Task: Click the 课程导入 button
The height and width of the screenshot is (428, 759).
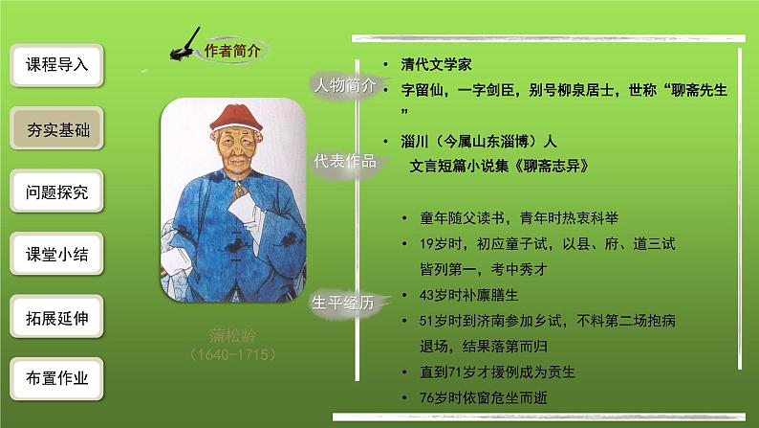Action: click(x=56, y=65)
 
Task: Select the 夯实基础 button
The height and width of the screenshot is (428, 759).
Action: click(x=56, y=128)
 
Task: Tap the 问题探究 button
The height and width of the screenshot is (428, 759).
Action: click(x=56, y=191)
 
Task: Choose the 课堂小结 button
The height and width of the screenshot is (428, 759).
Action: click(x=56, y=254)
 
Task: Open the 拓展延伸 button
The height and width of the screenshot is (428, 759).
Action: click(x=56, y=317)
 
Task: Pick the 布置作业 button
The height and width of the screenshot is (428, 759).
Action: click(x=56, y=378)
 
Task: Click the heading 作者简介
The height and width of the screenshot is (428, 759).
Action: click(x=232, y=51)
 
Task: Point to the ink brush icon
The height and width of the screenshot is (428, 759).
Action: click(x=184, y=45)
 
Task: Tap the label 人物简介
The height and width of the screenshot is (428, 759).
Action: click(x=345, y=85)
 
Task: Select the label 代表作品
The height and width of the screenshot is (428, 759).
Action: click(x=345, y=161)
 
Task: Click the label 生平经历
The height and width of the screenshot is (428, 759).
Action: click(x=343, y=303)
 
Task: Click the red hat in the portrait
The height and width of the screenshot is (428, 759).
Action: click(x=236, y=117)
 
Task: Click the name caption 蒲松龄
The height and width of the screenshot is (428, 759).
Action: click(x=233, y=335)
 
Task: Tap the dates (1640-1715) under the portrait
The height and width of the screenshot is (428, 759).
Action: click(x=233, y=354)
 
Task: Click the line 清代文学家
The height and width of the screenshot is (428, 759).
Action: click(x=436, y=64)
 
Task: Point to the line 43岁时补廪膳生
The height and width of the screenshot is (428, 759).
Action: click(x=469, y=295)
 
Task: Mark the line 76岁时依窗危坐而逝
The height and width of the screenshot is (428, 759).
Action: click(x=484, y=397)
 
